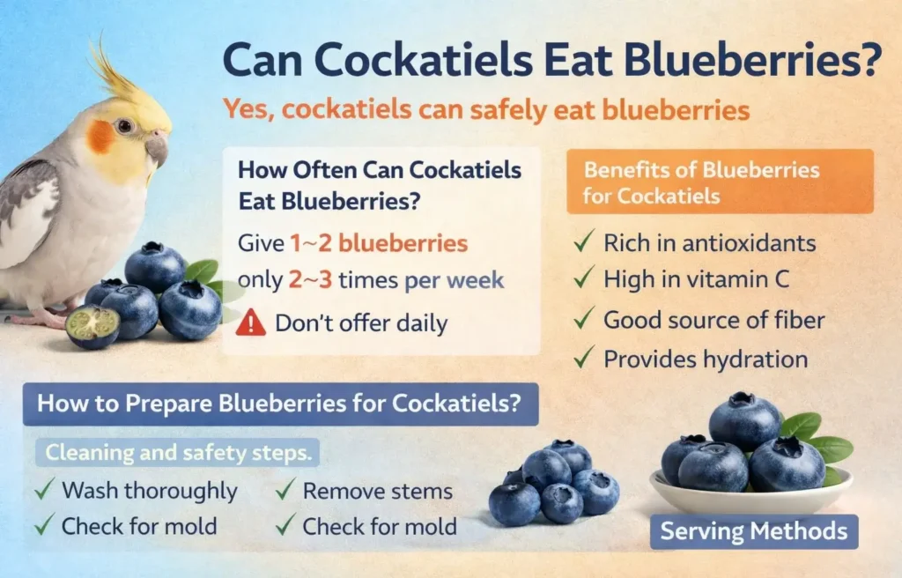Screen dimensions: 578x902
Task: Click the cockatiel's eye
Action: (x=124, y=126)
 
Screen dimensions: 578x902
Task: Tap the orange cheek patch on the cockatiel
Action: (x=100, y=137)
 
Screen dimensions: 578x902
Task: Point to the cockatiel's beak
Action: (x=157, y=147)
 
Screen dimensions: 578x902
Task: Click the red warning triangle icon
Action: (x=251, y=322)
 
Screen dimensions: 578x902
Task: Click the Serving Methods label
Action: (x=754, y=531)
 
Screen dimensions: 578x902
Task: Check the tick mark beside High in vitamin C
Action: (x=583, y=280)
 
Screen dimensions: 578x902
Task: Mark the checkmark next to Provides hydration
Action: (x=583, y=358)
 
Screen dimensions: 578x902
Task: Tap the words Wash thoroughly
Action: (x=149, y=490)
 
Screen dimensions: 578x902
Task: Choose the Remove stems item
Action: (x=377, y=490)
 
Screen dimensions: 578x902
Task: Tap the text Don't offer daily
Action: (x=361, y=322)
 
